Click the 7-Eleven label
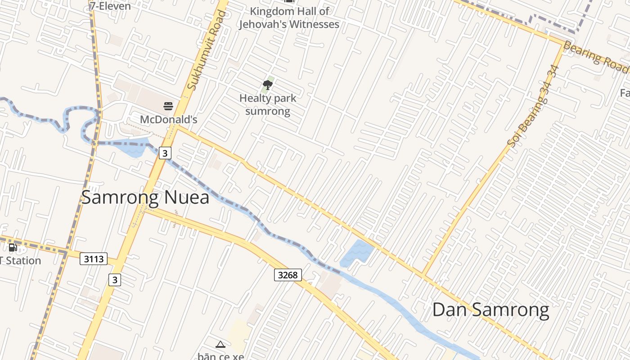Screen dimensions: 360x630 click(x=110, y=6)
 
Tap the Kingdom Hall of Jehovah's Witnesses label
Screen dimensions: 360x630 click(x=288, y=18)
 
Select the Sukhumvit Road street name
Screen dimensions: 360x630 click(x=207, y=49)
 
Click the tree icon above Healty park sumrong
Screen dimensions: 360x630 click(x=268, y=85)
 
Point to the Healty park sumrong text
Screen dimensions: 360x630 click(x=268, y=104)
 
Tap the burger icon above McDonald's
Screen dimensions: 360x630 click(x=168, y=106)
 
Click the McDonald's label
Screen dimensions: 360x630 click(x=169, y=120)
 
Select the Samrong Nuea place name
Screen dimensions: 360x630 click(x=145, y=198)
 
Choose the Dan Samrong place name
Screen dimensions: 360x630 click(x=490, y=310)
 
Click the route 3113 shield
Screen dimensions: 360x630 click(x=94, y=259)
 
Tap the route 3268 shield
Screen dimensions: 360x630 click(x=288, y=274)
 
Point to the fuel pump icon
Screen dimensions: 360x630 click(x=13, y=247)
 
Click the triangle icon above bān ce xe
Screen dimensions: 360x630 click(x=220, y=345)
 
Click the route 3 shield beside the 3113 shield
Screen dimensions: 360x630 click(x=115, y=280)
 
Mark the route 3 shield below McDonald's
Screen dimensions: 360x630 click(x=165, y=153)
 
